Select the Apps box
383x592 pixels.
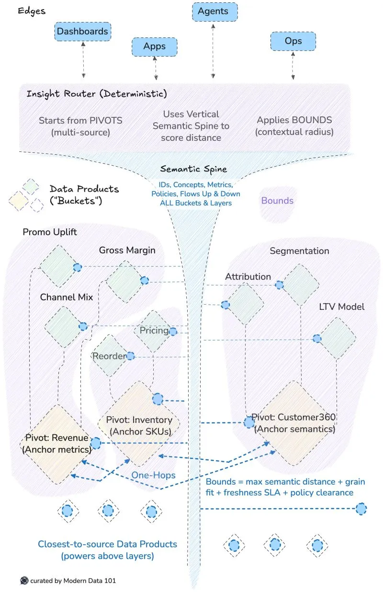click(154, 46)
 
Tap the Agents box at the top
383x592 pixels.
click(213, 11)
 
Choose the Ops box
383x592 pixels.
click(293, 41)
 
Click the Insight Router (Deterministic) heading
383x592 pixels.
click(97, 93)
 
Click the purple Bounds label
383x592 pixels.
click(277, 200)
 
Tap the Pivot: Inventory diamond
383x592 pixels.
click(139, 425)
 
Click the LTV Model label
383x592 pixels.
click(342, 307)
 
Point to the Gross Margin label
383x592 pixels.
click(127, 250)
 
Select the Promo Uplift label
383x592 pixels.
click(50, 232)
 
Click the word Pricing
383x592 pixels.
click(154, 330)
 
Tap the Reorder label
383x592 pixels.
click(109, 356)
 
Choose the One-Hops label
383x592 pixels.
click(154, 475)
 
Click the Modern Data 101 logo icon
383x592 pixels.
click(24, 581)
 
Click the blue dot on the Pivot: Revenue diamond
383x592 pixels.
click(96, 443)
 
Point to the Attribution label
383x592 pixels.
click(248, 277)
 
